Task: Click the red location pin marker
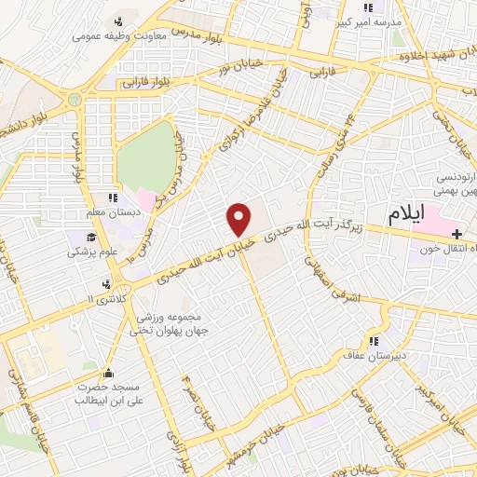click(x=240, y=219)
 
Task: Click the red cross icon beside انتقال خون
click(x=457, y=233)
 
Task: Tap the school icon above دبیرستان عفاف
click(x=375, y=341)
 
